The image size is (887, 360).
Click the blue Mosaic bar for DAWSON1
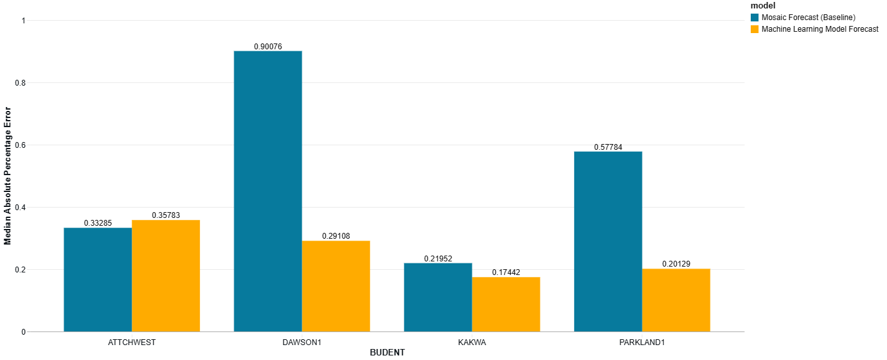267,191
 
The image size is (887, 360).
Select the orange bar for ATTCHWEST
165,276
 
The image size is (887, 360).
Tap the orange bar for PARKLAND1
675,300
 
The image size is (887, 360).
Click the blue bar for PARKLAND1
608,241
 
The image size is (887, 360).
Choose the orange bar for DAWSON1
335,286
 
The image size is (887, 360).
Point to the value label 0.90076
268,46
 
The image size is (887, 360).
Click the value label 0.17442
505,272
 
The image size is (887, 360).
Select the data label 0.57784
608,147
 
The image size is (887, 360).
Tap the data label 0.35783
166,215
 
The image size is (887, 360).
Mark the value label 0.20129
676,264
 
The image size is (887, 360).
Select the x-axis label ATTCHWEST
132,342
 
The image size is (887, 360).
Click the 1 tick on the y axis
23,21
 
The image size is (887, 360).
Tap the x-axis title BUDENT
387,352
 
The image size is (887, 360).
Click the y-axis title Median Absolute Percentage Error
8,176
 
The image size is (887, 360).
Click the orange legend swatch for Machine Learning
755,29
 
